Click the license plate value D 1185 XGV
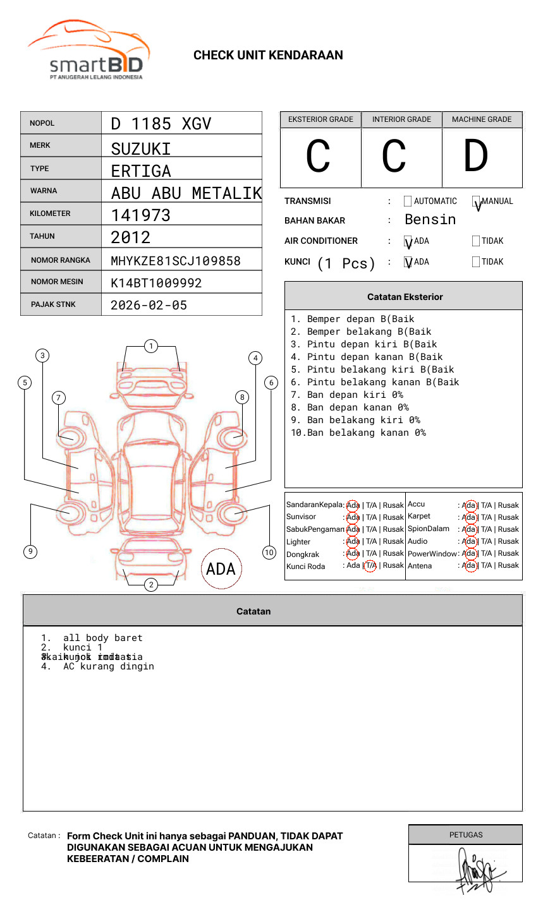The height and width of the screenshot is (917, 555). tap(161, 124)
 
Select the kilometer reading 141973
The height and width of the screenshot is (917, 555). tap(140, 215)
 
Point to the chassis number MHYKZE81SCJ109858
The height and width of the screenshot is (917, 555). tap(175, 261)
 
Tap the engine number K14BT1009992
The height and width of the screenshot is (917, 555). tap(156, 283)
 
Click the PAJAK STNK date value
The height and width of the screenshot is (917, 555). tap(149, 305)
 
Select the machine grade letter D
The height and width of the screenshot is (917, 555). tap(475, 157)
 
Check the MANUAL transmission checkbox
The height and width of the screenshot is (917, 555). tap(476, 201)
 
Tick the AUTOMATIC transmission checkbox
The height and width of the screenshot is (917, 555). tap(408, 201)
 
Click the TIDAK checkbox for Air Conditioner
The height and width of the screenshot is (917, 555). tap(476, 241)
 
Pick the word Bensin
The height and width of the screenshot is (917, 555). tap(430, 220)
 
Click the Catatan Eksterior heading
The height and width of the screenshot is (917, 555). tap(405, 297)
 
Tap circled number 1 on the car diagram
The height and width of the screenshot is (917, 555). tap(150, 346)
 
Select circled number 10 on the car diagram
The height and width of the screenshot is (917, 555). tap(269, 553)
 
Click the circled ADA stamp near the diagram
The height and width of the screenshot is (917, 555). tap(221, 569)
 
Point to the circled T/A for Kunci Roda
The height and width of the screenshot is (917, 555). tap(370, 566)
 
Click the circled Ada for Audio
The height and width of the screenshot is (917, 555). tap(469, 541)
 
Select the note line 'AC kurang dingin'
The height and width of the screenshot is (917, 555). tap(108, 666)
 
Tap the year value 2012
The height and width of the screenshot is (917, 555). tap(130, 237)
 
